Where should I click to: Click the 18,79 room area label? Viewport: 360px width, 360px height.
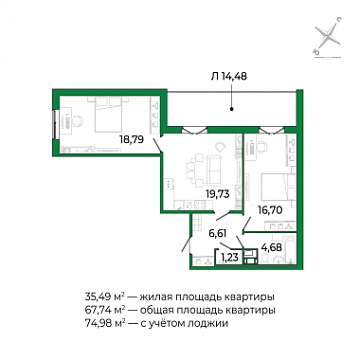coord(132,138)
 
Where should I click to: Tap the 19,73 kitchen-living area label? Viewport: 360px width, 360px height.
coord(218,194)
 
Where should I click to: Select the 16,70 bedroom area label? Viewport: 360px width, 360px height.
coord(269,209)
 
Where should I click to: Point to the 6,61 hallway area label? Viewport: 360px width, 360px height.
coord(218,234)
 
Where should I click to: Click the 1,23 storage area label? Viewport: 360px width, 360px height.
coord(230,258)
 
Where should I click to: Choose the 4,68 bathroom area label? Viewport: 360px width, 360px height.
coord(272,247)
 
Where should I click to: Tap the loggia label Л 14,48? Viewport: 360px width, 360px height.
coord(229,76)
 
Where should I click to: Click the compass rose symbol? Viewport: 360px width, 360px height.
coord(328,38)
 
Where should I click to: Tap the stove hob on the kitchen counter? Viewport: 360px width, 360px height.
coord(200,205)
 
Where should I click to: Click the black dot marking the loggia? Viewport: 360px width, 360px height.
coord(231,110)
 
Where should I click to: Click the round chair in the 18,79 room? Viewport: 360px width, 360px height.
coord(79,120)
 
